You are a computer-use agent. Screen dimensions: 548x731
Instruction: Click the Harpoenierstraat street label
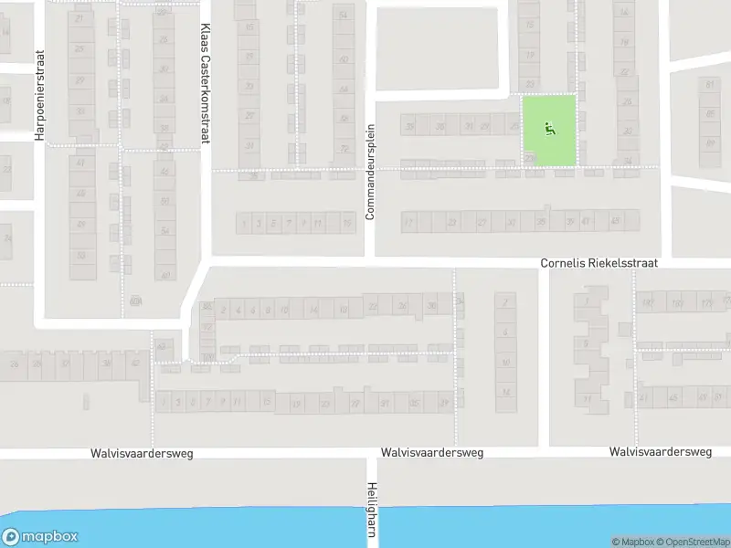click(39, 95)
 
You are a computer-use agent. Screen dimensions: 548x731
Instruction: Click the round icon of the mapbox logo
click(12, 537)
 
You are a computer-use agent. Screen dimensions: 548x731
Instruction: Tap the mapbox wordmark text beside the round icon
click(51, 537)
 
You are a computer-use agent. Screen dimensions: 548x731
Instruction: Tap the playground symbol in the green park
click(549, 129)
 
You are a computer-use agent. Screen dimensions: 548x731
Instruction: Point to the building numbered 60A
click(137, 300)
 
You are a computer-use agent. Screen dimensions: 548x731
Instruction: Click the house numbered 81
click(711, 85)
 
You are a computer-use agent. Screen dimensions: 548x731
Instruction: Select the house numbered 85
click(711, 113)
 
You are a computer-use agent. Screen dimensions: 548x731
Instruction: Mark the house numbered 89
click(711, 142)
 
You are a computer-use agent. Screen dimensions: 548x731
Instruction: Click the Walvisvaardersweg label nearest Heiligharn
click(431, 452)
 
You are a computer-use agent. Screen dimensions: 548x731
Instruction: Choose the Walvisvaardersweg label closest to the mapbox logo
click(141, 452)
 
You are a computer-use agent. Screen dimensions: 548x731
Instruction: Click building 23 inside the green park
click(531, 158)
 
